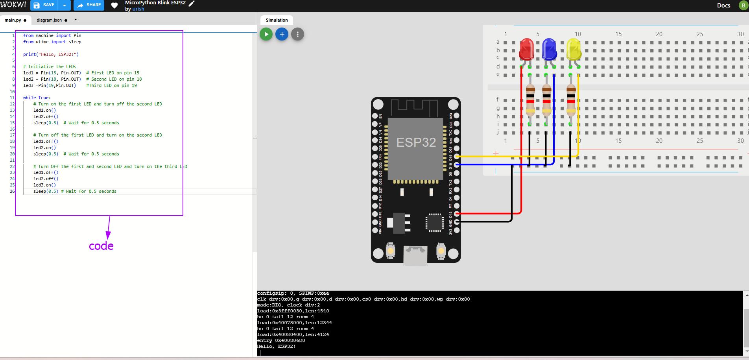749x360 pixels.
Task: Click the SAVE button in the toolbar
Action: tap(44, 5)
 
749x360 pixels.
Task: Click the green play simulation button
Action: tap(266, 34)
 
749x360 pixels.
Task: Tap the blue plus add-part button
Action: tap(282, 34)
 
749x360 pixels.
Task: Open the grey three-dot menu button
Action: tap(297, 34)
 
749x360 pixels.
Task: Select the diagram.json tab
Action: tap(49, 20)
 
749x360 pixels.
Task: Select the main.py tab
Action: tap(13, 20)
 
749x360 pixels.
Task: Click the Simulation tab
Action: tap(277, 20)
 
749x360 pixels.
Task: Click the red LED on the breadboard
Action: tap(526, 50)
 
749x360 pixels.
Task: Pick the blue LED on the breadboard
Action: tap(549, 49)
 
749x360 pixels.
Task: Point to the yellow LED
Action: tap(574, 49)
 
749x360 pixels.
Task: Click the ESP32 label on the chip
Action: tap(416, 142)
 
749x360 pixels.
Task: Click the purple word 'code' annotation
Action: tap(101, 246)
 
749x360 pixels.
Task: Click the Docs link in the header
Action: tap(723, 5)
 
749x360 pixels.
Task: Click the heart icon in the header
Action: tap(114, 5)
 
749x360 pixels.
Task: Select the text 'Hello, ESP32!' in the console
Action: tap(276, 346)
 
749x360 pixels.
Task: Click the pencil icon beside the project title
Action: tap(192, 4)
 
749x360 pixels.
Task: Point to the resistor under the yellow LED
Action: tap(571, 100)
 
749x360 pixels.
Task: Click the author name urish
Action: tap(138, 9)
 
